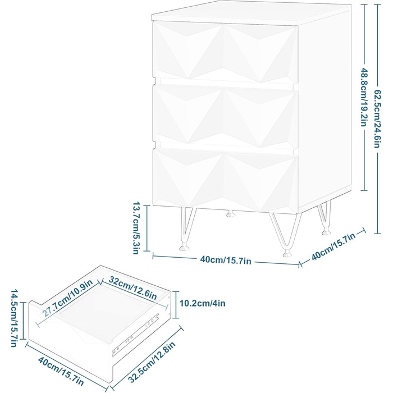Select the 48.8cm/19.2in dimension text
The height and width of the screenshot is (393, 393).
364,97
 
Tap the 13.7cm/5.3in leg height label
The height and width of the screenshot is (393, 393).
136,228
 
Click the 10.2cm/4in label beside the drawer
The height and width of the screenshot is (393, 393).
202,303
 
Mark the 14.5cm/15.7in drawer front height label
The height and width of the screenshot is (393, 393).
14,318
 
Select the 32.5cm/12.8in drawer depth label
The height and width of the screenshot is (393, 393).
152,362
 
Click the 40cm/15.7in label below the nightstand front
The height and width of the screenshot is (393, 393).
226,260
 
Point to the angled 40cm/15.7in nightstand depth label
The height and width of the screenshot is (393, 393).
333,246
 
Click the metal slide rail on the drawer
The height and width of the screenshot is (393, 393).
136,335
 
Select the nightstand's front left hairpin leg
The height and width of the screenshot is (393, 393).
187,229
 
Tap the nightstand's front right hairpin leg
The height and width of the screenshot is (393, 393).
286,235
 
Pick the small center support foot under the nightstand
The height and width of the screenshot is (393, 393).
231,214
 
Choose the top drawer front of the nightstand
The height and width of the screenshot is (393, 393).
225,52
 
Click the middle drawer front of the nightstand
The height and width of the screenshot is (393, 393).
225,116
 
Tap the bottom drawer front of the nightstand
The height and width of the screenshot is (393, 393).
225,180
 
